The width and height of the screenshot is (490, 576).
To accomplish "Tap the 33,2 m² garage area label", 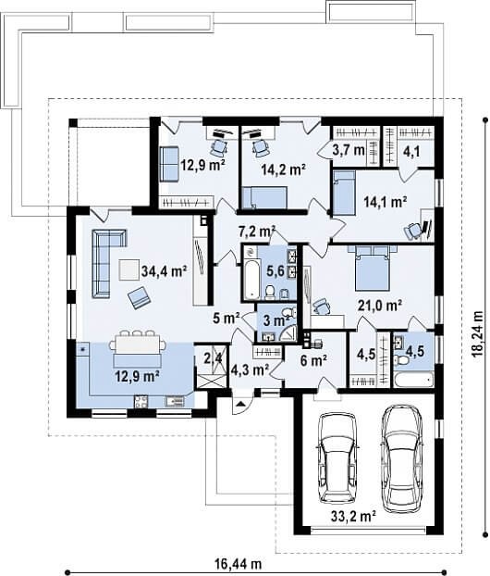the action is (x=353, y=517).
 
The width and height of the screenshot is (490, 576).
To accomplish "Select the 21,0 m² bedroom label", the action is (x=380, y=305).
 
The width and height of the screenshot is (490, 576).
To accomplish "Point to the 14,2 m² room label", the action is (x=284, y=169).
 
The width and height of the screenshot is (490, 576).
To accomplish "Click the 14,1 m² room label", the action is (x=386, y=201).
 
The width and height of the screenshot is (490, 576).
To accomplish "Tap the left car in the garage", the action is (x=337, y=458).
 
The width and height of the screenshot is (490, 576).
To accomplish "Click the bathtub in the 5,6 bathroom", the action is (x=251, y=272).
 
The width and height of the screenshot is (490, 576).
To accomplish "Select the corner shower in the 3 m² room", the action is (x=288, y=332).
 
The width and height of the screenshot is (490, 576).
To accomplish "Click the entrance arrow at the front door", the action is (x=239, y=404).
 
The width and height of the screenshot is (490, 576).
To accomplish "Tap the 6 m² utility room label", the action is (x=313, y=361).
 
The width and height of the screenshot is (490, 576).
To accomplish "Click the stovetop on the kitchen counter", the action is (x=141, y=401).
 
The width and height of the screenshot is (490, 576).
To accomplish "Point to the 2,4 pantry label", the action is (x=212, y=357).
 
